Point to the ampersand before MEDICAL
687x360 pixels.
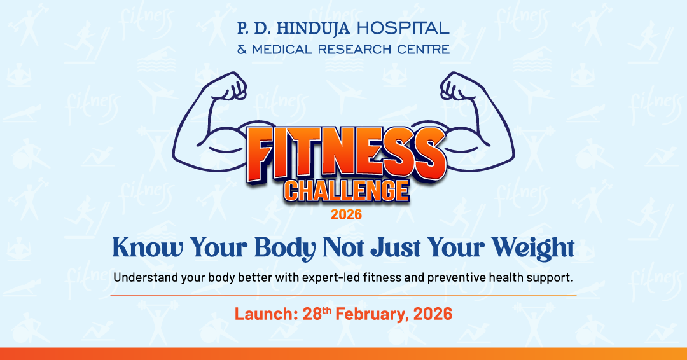242,49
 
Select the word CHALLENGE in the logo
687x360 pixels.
346,190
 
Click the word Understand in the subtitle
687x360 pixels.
142,278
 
